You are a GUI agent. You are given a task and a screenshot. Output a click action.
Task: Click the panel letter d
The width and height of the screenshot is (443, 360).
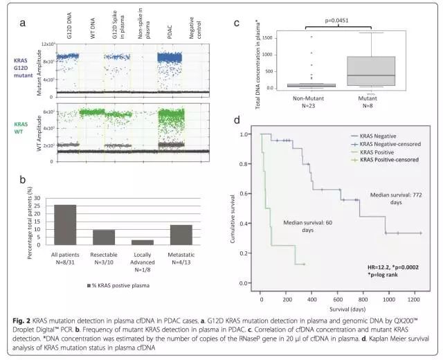click(x=237, y=119)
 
